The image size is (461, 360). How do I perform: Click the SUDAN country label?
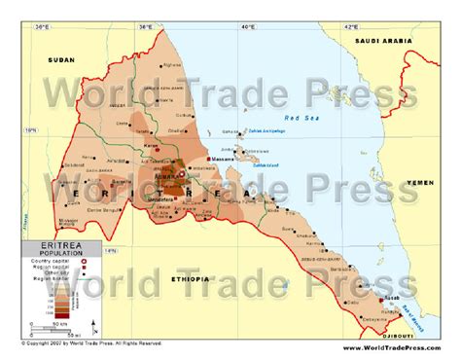coord(60,60)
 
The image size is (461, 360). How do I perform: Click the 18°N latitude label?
coord(29,127)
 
